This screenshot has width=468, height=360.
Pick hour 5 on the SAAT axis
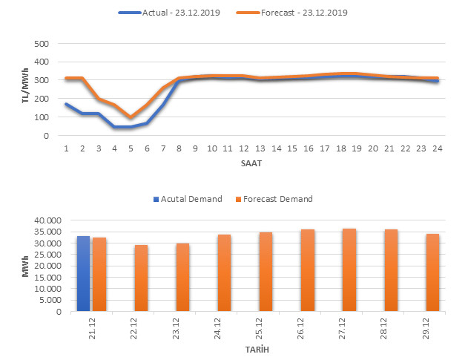[131, 147]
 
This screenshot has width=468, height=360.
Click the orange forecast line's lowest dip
[131, 117]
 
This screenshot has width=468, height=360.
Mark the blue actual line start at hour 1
[66, 104]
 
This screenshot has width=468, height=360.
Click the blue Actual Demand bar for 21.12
[83, 273]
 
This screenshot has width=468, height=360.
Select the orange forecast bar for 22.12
[141, 278]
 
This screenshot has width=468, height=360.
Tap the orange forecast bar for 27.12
[349, 269]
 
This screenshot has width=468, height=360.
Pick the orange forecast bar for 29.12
[432, 272]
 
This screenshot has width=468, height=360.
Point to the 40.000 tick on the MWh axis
[43, 220]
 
